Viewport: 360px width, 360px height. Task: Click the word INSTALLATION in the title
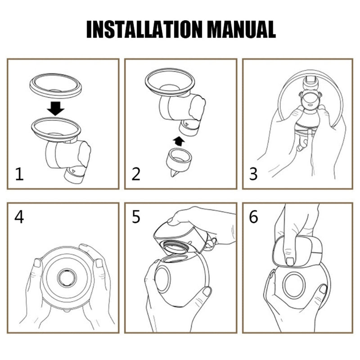(144, 29)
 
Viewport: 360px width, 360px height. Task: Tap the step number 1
(19, 174)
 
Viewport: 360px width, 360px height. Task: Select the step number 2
(136, 174)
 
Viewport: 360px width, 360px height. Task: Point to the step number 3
(253, 174)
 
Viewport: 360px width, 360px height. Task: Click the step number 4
(19, 217)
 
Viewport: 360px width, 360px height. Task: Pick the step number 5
(136, 217)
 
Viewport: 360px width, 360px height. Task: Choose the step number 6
(253, 217)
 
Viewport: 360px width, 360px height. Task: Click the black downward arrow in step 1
(56, 108)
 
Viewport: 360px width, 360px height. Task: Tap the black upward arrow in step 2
(179, 141)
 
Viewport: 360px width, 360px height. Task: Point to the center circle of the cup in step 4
(67, 278)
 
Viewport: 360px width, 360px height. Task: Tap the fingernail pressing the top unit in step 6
(290, 261)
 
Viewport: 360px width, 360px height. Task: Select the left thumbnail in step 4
(37, 263)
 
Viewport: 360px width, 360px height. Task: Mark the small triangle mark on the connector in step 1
(73, 171)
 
